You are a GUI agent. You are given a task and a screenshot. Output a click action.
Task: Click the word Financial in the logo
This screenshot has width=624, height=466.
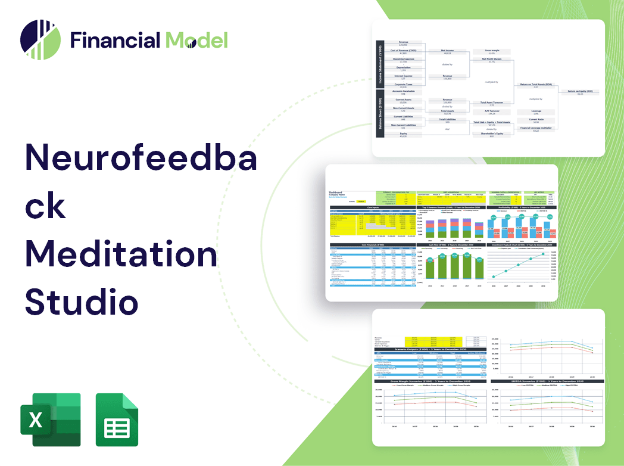[x=115, y=40]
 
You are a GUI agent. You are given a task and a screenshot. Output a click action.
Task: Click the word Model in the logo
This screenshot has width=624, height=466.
[x=196, y=40]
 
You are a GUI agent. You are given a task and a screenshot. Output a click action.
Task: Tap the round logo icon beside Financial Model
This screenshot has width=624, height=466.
[x=40, y=40]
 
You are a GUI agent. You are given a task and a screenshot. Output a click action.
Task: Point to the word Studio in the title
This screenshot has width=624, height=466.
[x=82, y=301]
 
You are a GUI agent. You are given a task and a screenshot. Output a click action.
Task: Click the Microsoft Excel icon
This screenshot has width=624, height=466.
[x=50, y=420]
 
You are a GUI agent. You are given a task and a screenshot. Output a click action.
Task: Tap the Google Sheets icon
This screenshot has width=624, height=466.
[x=117, y=420]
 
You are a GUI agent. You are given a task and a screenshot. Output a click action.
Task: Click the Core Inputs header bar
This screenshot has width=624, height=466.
[x=373, y=207]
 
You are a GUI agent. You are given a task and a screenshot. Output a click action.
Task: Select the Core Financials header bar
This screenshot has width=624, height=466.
[x=373, y=244]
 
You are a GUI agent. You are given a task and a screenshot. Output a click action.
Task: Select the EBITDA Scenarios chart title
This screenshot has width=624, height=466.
[x=547, y=381]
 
